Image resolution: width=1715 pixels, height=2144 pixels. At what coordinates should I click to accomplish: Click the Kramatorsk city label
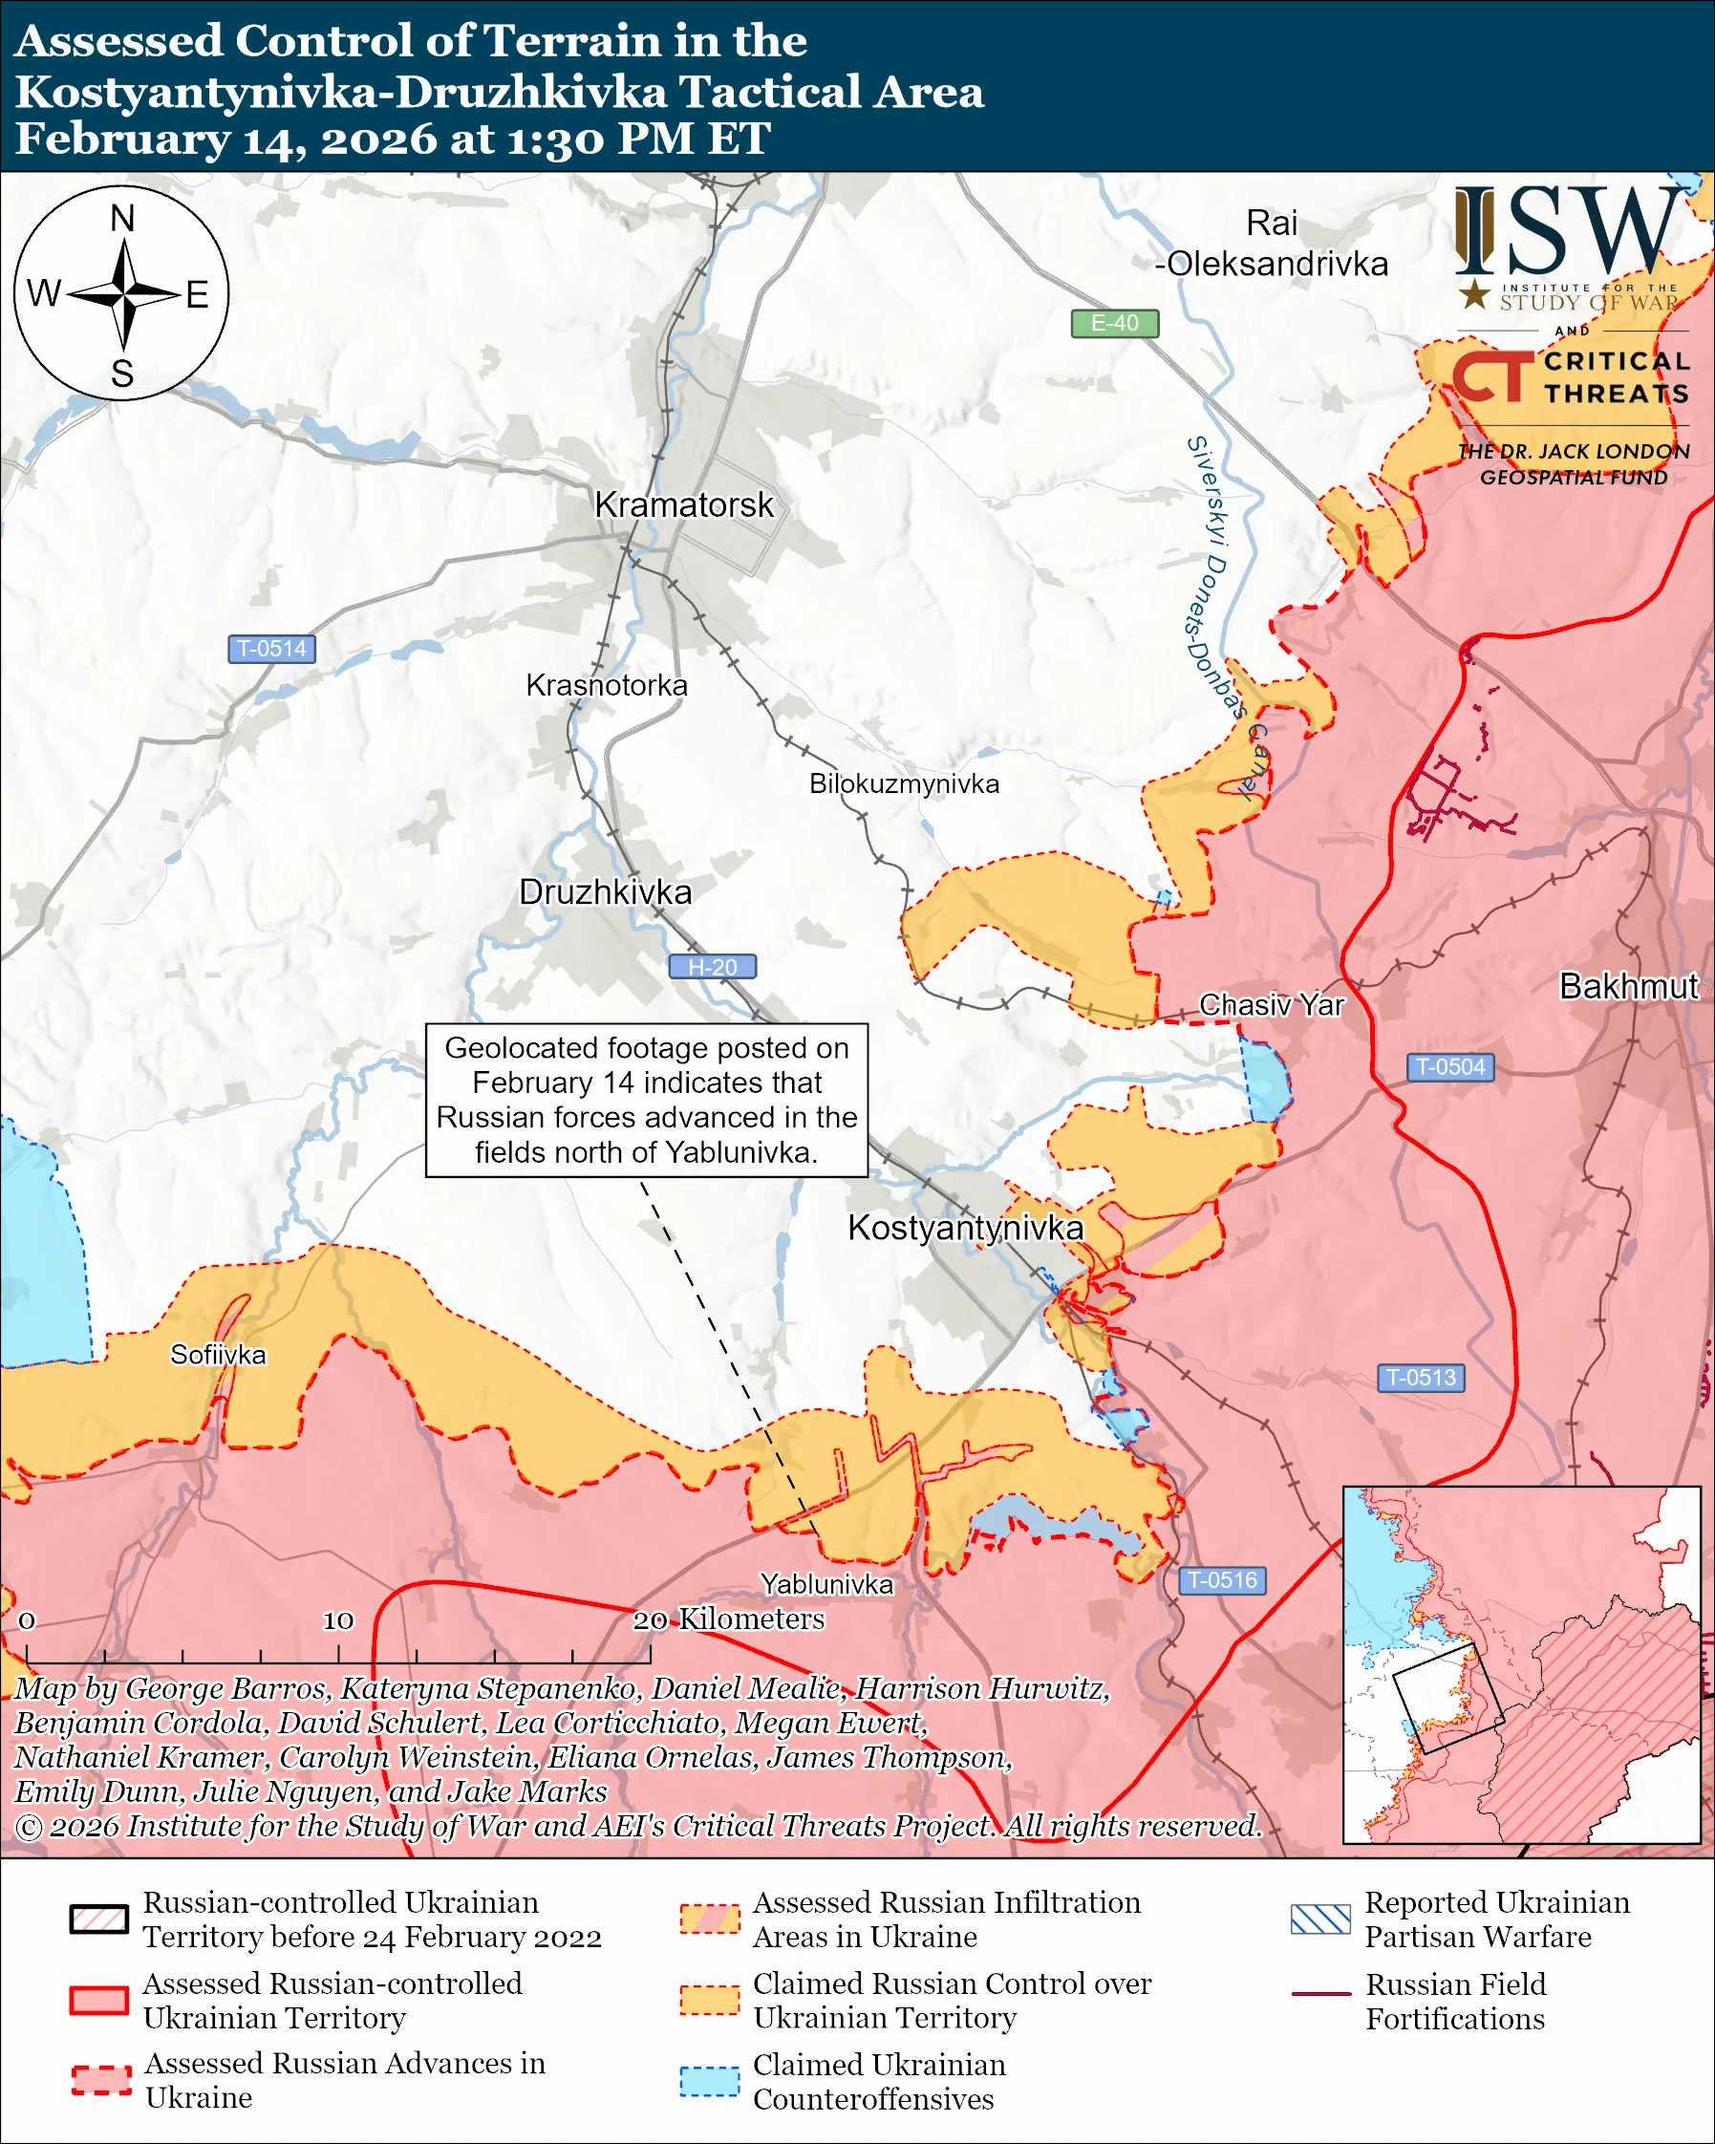(683, 505)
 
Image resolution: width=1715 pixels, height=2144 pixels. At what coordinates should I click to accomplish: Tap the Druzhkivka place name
(605, 892)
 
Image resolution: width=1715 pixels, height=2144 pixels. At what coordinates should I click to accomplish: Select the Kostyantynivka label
(964, 1228)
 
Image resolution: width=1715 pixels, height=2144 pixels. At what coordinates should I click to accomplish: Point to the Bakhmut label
(1627, 986)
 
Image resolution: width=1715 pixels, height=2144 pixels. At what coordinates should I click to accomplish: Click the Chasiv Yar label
(1271, 1005)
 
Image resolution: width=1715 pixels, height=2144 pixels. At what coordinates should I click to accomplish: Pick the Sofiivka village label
(218, 1356)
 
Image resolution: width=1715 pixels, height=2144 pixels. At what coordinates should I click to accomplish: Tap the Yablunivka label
(826, 1584)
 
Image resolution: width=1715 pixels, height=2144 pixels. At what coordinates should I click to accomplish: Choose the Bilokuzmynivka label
(904, 784)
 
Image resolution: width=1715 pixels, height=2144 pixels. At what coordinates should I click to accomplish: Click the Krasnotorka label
(607, 686)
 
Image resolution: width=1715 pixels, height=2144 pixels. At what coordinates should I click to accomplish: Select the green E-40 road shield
(1113, 323)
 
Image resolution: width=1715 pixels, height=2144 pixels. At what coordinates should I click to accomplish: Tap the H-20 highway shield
(712, 967)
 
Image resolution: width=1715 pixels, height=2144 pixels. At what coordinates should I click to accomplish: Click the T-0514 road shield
(271, 650)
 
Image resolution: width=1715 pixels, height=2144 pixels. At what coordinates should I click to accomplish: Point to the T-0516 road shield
(1222, 1580)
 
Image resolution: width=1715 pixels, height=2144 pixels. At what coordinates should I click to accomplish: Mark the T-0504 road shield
(1449, 1067)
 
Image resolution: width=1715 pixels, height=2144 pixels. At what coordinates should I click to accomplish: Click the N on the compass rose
(122, 219)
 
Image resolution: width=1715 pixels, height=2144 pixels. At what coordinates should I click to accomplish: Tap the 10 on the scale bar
(338, 1621)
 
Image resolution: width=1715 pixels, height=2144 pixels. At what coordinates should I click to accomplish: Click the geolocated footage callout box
(646, 1100)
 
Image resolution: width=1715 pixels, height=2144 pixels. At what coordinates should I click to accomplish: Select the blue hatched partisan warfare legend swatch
(1320, 1919)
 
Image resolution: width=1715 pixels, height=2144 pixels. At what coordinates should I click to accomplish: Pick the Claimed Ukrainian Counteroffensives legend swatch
(709, 2081)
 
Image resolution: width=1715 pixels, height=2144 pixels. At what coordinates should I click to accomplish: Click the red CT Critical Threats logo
(1491, 378)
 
